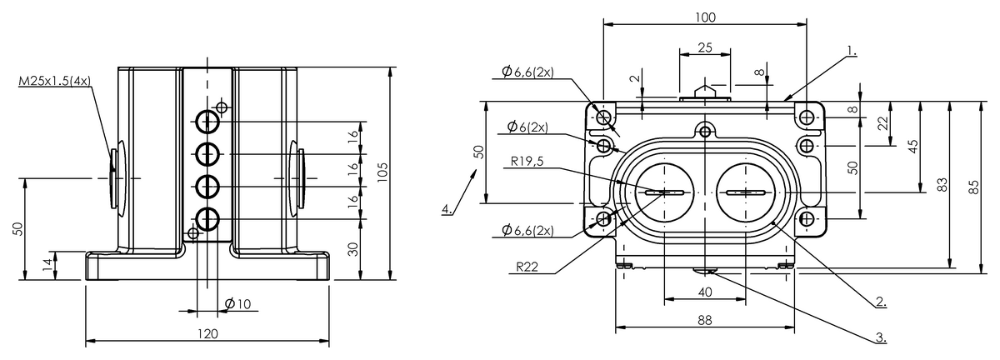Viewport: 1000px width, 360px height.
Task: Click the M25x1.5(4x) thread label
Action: [54, 82]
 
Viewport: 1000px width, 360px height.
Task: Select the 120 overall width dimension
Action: [207, 333]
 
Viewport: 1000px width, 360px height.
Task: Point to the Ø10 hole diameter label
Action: [238, 305]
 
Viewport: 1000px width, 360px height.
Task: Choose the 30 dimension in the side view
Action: [354, 249]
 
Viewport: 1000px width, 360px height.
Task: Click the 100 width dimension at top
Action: [704, 17]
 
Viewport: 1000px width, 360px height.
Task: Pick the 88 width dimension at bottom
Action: [705, 320]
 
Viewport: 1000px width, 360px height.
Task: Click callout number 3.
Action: [880, 337]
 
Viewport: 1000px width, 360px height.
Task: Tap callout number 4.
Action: [447, 208]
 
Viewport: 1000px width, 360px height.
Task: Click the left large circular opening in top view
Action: [664, 193]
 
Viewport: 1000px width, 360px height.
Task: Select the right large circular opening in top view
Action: [746, 193]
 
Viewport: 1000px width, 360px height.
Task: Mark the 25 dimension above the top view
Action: [704, 47]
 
